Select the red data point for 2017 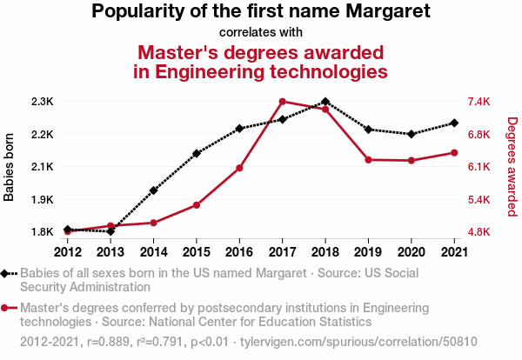[282, 102]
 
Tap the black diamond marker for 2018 [325, 102]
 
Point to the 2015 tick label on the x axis [197, 251]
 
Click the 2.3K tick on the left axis [41, 102]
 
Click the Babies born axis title [10, 167]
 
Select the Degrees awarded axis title [512, 167]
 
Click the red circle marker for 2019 [368, 160]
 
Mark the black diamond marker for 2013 [110, 232]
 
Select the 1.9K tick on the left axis [41, 200]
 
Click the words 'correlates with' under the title [260, 32]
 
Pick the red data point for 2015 [197, 205]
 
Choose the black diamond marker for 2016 [239, 129]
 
